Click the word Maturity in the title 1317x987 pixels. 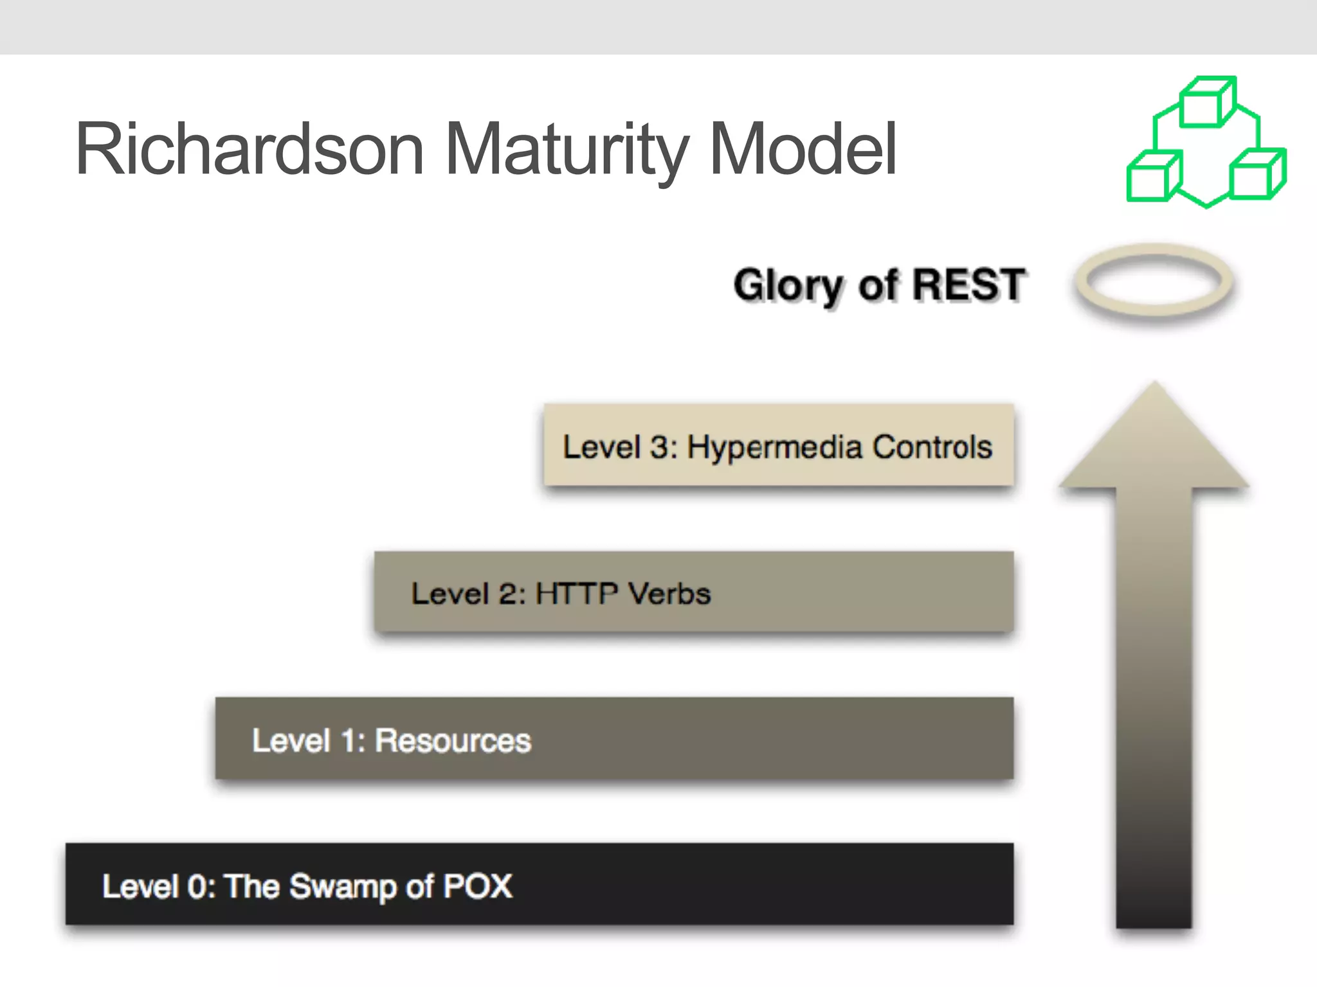click(566, 149)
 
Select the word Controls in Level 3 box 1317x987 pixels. click(932, 447)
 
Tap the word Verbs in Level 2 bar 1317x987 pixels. click(669, 593)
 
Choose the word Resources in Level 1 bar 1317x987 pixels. click(453, 740)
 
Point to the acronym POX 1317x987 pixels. click(478, 886)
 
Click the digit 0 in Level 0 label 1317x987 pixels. click(197, 887)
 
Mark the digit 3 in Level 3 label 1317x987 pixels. click(660, 447)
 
